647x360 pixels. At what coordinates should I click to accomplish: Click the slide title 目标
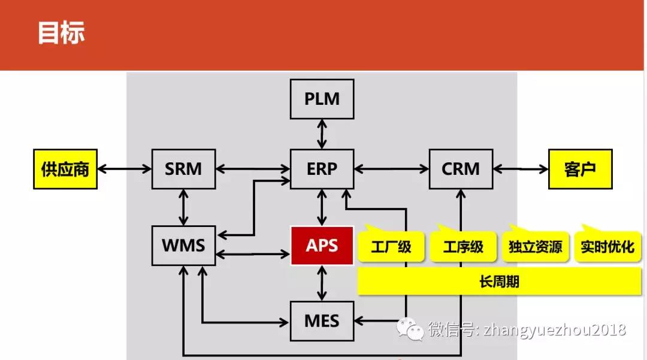pyautogui.click(x=61, y=32)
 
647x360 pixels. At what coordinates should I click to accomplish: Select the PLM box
pyautogui.click(x=322, y=99)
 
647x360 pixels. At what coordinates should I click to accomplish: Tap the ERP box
pyautogui.click(x=322, y=169)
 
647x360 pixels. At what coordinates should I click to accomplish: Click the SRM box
pyautogui.click(x=184, y=169)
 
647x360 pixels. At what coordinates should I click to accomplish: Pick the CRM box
pyautogui.click(x=461, y=169)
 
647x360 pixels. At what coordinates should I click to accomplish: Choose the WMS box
pyautogui.click(x=184, y=246)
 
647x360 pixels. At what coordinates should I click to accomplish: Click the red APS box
pyautogui.click(x=322, y=246)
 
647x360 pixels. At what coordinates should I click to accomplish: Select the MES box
pyautogui.click(x=322, y=321)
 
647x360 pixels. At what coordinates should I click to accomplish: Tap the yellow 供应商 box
pyautogui.click(x=65, y=169)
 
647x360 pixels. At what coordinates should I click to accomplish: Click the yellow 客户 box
pyautogui.click(x=580, y=169)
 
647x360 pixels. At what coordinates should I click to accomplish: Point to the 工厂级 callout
pyautogui.click(x=391, y=247)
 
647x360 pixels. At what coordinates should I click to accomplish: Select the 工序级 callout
pyautogui.click(x=463, y=247)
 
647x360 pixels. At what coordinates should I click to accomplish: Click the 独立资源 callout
pyautogui.click(x=535, y=247)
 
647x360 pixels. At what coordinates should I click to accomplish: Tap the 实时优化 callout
pyautogui.click(x=607, y=247)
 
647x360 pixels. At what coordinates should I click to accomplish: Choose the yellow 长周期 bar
pyautogui.click(x=499, y=282)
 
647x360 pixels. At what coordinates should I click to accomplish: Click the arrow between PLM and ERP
pyautogui.click(x=322, y=134)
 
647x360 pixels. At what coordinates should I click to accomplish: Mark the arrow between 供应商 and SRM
pyautogui.click(x=125, y=169)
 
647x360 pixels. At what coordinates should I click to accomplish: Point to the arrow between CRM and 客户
pyautogui.click(x=521, y=169)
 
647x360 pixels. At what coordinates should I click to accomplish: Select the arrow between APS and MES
pyautogui.click(x=322, y=283)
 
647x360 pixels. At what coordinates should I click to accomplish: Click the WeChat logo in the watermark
pyautogui.click(x=410, y=329)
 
